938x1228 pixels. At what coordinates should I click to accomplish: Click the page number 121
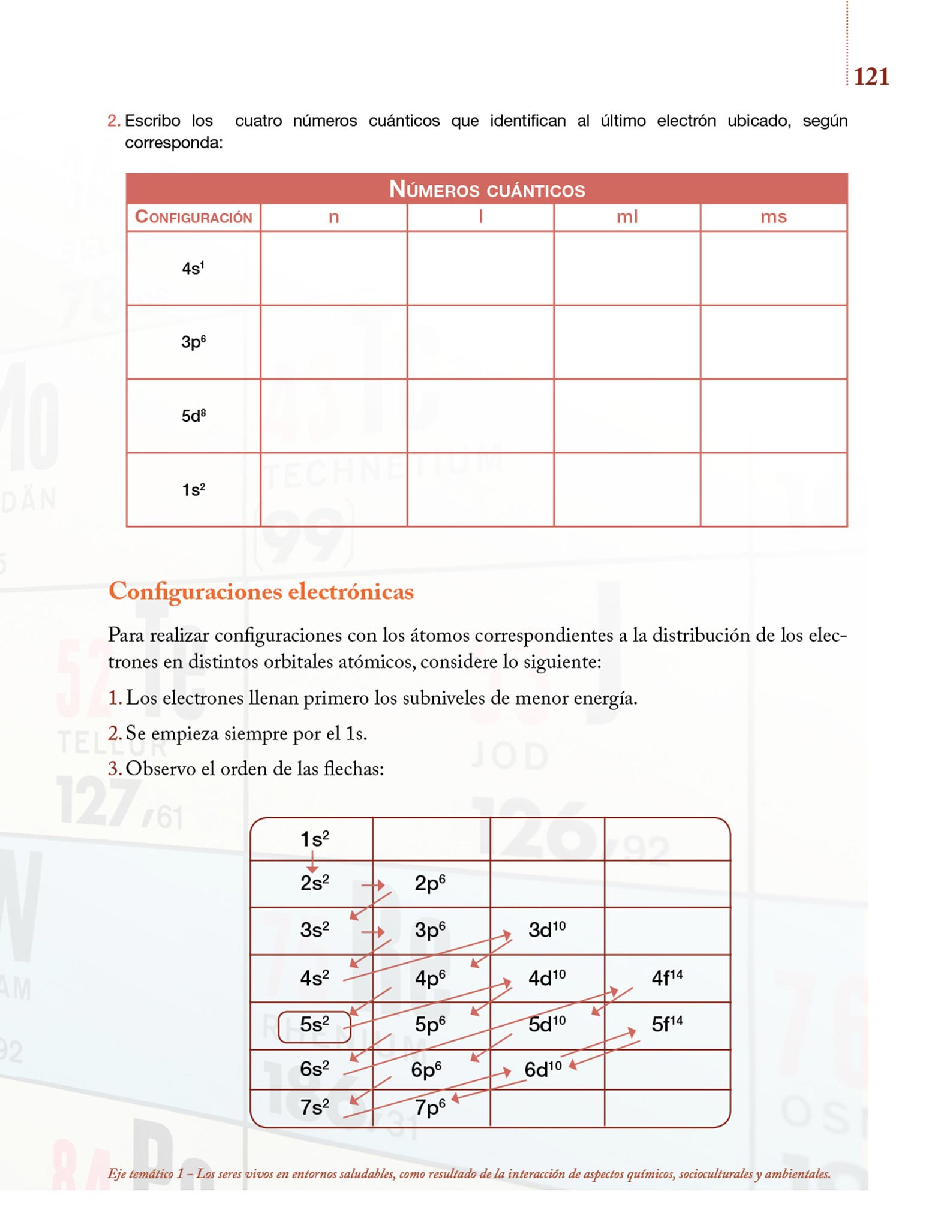click(871, 77)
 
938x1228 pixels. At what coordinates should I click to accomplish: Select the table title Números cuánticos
click(486, 189)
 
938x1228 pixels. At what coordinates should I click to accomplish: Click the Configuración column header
click(193, 216)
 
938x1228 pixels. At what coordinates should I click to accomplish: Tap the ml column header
click(627, 216)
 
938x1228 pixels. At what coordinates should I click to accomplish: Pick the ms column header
click(773, 216)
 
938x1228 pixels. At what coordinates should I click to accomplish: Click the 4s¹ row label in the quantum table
click(193, 268)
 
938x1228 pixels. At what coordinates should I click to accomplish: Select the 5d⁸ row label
click(193, 416)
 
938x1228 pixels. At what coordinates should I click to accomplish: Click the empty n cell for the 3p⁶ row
click(333, 342)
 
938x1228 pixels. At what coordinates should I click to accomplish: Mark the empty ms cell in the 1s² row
click(773, 489)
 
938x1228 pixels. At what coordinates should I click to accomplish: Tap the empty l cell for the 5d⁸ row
click(480, 416)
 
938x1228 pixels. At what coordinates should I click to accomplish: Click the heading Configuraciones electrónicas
click(261, 591)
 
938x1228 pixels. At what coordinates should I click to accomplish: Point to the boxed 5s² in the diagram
click(314, 1024)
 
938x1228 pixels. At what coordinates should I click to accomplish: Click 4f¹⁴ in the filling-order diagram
click(667, 978)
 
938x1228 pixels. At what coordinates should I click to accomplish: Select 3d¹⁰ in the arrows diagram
click(546, 930)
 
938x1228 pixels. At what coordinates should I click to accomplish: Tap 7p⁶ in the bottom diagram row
click(429, 1107)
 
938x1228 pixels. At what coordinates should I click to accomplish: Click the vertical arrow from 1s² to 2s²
click(312, 862)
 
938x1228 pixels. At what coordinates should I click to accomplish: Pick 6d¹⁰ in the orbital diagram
click(543, 1069)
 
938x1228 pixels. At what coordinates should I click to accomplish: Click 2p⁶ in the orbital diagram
click(429, 883)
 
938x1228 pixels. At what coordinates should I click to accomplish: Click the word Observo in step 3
click(160, 769)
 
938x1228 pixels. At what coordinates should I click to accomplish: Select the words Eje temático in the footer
click(141, 1173)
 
